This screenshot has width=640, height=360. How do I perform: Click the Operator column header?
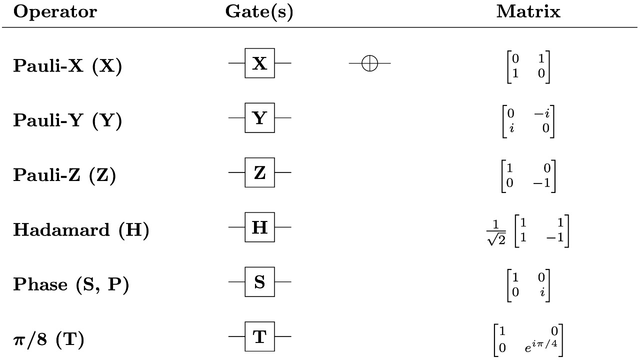pyautogui.click(x=55, y=12)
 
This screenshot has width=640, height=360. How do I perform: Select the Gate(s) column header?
pyautogui.click(x=259, y=12)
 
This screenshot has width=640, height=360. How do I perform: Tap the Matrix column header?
pyautogui.click(x=528, y=12)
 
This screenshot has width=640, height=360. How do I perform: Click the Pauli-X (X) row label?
pyautogui.click(x=67, y=66)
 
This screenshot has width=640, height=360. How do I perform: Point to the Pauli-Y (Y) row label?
pyautogui.click(x=67, y=120)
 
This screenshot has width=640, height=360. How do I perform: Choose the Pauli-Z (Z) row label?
pyautogui.click(x=64, y=175)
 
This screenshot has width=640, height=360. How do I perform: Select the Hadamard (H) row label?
pyautogui.click(x=81, y=230)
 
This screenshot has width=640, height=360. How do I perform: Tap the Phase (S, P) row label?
pyautogui.click(x=71, y=284)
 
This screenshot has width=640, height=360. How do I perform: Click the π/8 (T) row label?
pyautogui.click(x=48, y=339)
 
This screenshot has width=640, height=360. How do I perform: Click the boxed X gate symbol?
pyautogui.click(x=259, y=63)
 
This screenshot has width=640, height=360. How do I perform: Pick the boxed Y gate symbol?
pyautogui.click(x=259, y=118)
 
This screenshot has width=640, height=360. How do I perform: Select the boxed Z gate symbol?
pyautogui.click(x=259, y=172)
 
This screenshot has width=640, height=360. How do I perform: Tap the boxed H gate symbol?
pyautogui.click(x=259, y=227)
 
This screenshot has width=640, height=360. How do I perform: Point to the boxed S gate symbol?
pyautogui.click(x=259, y=282)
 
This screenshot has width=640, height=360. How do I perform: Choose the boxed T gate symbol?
pyautogui.click(x=259, y=337)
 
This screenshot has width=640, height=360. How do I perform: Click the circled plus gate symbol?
pyautogui.click(x=369, y=63)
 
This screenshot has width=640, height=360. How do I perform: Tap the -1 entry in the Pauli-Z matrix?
pyautogui.click(x=541, y=183)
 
